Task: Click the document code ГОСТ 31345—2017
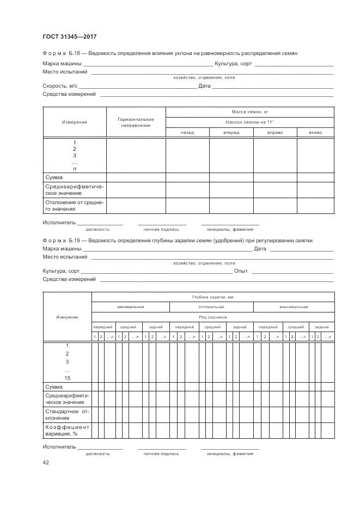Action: click(70, 36)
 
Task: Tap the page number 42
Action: click(46, 463)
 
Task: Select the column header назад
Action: click(187, 133)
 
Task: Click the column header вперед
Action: click(231, 133)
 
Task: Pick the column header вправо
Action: click(274, 133)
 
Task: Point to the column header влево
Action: click(315, 133)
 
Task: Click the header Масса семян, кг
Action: click(249, 111)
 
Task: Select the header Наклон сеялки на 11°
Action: click(249, 122)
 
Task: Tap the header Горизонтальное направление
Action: click(136, 122)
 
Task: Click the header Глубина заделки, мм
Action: click(212, 297)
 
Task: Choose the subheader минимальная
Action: click(130, 307)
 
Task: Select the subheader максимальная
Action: click(295, 307)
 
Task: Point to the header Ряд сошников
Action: click(212, 317)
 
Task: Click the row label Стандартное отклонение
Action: click(67, 415)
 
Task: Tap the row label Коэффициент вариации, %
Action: click(67, 431)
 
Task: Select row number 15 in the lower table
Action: click(67, 378)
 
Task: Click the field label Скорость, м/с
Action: click(60, 86)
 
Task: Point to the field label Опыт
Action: click(241, 271)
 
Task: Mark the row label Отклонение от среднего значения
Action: click(74, 206)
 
